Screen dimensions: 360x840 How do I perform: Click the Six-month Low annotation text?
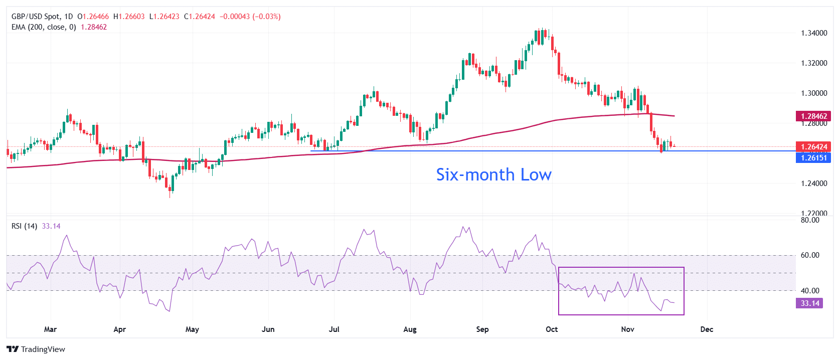[493, 174]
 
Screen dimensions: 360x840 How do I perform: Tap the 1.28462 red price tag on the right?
[813, 116]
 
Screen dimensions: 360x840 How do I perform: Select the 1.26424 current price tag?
[813, 147]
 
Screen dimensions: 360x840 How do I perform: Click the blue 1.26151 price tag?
[813, 157]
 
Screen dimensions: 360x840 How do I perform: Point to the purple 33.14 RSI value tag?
[809, 303]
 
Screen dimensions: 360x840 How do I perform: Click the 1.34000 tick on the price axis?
[813, 33]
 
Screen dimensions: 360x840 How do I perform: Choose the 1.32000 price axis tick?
[813, 63]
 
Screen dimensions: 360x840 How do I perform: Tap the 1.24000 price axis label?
[813, 184]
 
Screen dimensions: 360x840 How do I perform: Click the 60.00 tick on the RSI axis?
[809, 255]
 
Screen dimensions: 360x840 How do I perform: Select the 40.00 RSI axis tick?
[809, 290]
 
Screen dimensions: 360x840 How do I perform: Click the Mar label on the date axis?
[50, 329]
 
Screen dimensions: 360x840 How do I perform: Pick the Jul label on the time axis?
[334, 329]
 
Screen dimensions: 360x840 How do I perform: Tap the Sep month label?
[482, 329]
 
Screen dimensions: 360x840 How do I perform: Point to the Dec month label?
[707, 329]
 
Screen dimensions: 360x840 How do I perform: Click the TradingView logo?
[36, 349]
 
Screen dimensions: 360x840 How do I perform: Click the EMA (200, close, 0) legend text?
[44, 27]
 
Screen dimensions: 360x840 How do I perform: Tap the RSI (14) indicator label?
[24, 226]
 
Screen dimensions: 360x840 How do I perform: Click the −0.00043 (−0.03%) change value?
[250, 17]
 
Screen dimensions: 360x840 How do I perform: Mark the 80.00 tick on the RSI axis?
[809, 220]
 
